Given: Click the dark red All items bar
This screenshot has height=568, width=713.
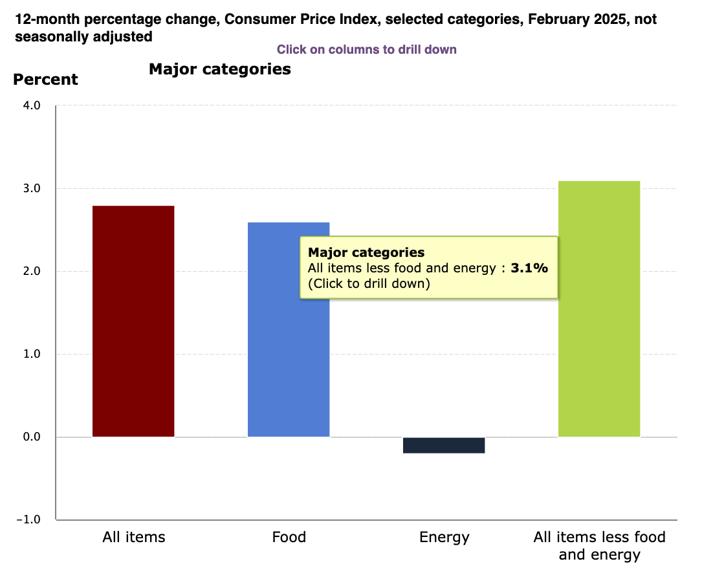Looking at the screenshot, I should pyautogui.click(x=133, y=321).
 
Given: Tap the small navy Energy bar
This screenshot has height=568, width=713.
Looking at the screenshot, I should pyautogui.click(x=444, y=445).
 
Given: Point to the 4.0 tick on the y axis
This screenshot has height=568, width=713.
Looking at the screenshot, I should pyautogui.click(x=31, y=105).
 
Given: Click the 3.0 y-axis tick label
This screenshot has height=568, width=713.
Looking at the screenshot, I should pyautogui.click(x=31, y=188).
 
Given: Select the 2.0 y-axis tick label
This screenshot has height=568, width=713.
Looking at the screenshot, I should pyautogui.click(x=31, y=271).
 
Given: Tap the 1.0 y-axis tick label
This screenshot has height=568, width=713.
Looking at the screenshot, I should pyautogui.click(x=31, y=354).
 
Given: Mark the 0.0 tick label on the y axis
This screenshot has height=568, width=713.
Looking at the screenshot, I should pyautogui.click(x=31, y=437).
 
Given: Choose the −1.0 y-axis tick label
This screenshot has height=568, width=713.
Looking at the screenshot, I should pyautogui.click(x=28, y=519).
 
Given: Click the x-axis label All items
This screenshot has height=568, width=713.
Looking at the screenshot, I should pyautogui.click(x=134, y=537).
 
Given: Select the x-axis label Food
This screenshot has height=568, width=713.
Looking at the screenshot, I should pyautogui.click(x=289, y=537).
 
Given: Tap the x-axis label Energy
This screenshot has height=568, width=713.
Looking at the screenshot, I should pyautogui.click(x=444, y=537).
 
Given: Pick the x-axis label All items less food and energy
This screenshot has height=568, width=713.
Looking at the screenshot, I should pyautogui.click(x=599, y=545).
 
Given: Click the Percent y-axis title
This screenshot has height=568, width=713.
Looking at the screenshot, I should pyautogui.click(x=45, y=80).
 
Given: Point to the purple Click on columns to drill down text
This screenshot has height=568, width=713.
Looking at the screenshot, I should pyautogui.click(x=367, y=50).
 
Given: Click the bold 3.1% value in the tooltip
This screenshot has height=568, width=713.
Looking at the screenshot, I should pyautogui.click(x=529, y=268).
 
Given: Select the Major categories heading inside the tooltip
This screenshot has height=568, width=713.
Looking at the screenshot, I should pyautogui.click(x=366, y=252).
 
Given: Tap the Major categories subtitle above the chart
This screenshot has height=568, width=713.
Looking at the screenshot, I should pyautogui.click(x=220, y=69).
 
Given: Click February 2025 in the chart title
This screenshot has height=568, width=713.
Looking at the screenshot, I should pyautogui.click(x=576, y=19).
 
